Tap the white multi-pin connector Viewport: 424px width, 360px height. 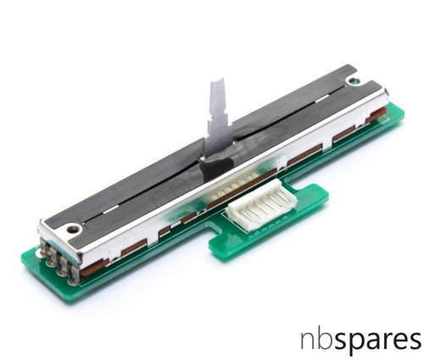click(x=261, y=203)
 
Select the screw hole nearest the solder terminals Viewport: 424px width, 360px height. click(x=73, y=229)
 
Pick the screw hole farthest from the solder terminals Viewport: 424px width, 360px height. click(x=352, y=81)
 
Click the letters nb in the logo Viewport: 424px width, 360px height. click(x=317, y=340)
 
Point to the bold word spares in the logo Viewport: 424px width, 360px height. click(x=378, y=341)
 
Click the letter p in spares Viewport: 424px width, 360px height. click(x=360, y=344)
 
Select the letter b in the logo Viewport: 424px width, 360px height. click(x=326, y=339)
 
